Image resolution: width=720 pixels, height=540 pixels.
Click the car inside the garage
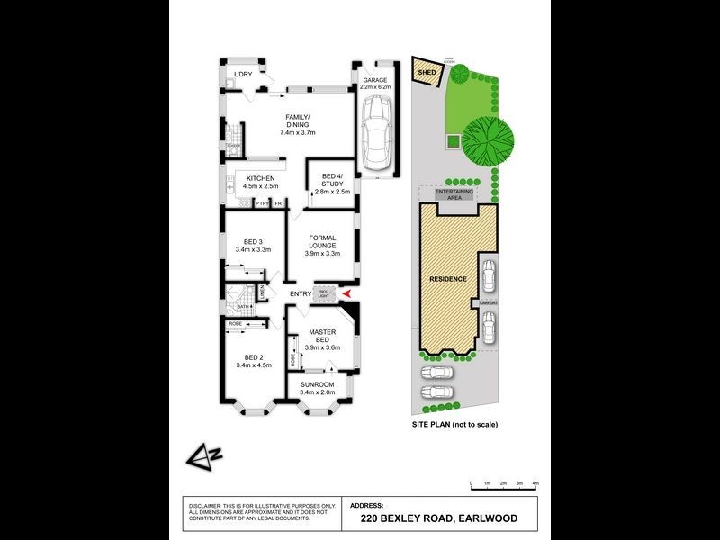(375, 135)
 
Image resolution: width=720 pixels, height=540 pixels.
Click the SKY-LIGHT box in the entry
(324, 293)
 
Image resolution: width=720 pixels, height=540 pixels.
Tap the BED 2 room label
(253, 361)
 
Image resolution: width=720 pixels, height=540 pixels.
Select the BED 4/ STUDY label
(330, 180)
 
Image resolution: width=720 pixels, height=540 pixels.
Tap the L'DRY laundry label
(243, 74)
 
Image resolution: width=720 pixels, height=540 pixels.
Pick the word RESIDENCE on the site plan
(448, 279)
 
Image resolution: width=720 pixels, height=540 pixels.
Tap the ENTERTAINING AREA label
(450, 196)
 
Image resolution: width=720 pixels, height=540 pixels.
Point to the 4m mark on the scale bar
(535, 484)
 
